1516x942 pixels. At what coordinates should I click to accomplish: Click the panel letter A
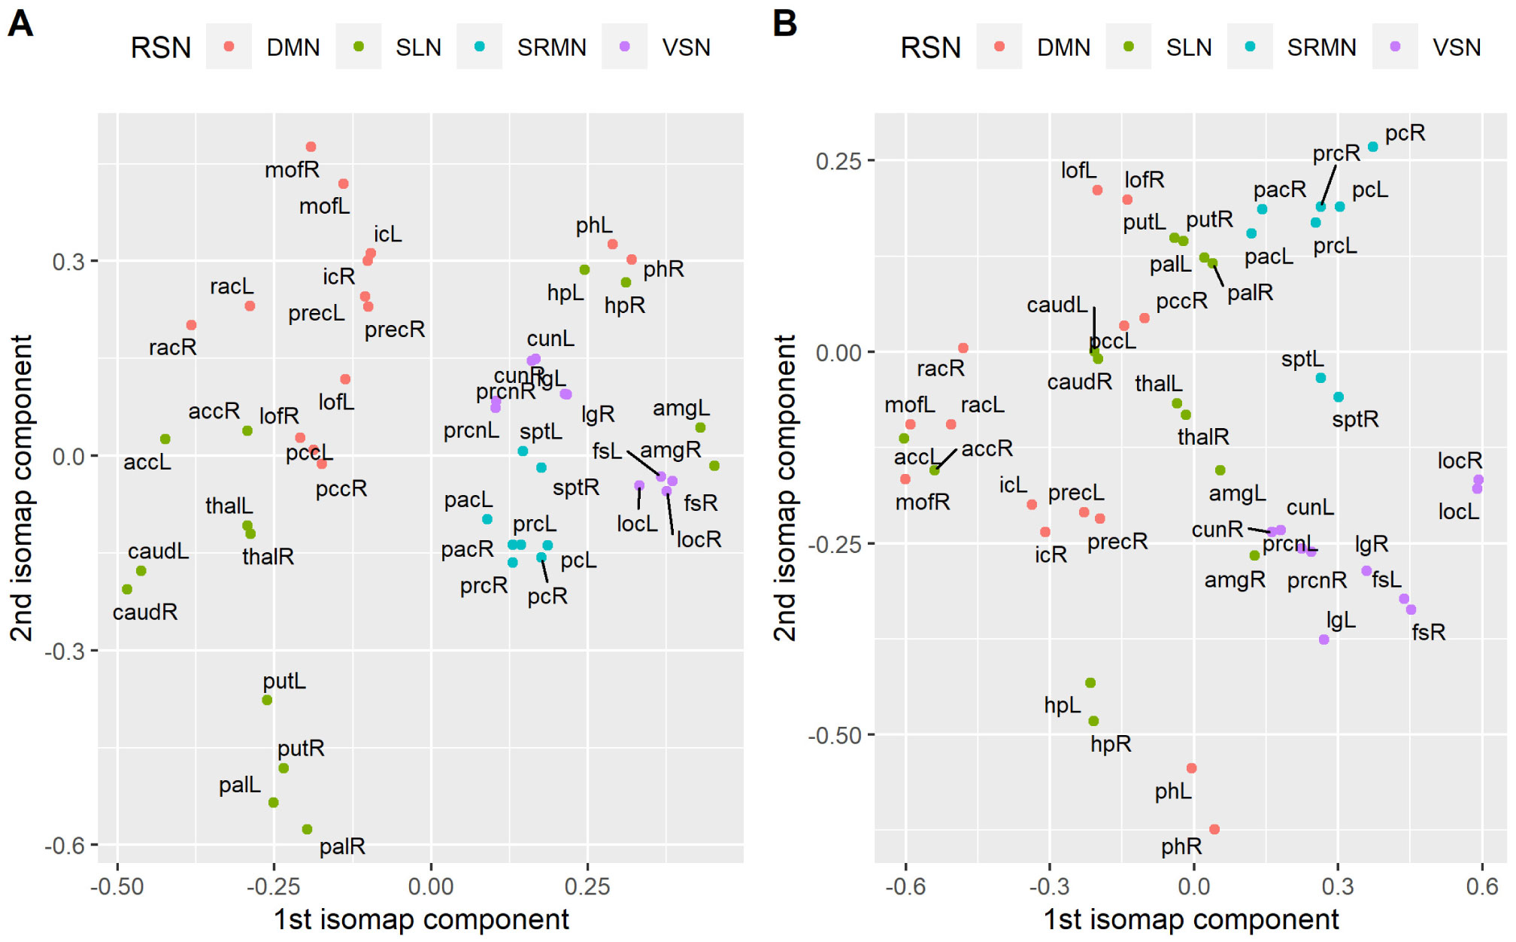click(x=20, y=23)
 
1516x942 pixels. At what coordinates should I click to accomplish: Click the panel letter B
click(x=784, y=23)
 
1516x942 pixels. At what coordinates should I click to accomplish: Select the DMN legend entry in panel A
click(x=293, y=47)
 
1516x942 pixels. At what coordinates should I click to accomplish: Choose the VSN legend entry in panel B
click(x=1456, y=47)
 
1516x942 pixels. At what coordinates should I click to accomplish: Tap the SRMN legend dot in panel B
click(x=1250, y=47)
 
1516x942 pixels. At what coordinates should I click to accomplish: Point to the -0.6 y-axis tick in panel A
click(x=68, y=846)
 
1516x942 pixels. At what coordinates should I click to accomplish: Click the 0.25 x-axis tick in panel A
click(x=587, y=886)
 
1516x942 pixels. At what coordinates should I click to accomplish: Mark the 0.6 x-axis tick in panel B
click(x=1482, y=886)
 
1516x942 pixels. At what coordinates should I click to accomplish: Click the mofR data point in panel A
click(x=311, y=147)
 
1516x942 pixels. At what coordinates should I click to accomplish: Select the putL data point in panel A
click(x=267, y=700)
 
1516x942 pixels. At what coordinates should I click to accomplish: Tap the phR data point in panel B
click(x=1214, y=829)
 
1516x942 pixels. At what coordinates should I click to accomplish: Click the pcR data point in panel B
click(x=1373, y=147)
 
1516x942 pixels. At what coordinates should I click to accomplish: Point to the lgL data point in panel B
click(x=1324, y=640)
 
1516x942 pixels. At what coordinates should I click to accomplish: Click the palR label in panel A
click(x=342, y=847)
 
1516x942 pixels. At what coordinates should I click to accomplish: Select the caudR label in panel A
click(x=145, y=612)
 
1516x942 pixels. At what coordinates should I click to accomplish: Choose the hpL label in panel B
click(x=1062, y=706)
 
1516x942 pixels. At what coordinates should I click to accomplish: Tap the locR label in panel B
click(x=1460, y=460)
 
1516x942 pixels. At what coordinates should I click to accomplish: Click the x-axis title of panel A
click(x=421, y=919)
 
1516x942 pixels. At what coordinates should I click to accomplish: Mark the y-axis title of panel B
click(x=784, y=488)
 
